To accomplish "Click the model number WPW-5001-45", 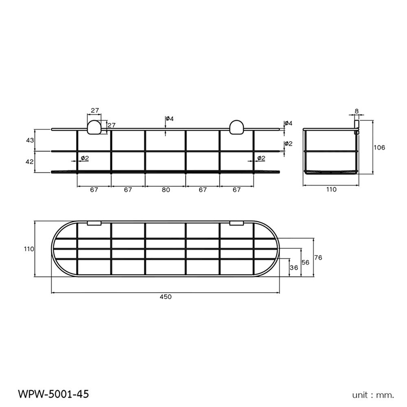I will [x=53, y=394].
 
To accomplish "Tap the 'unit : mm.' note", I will [x=373, y=394].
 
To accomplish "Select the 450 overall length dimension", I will [x=166, y=297].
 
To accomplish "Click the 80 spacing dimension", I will [x=165, y=190].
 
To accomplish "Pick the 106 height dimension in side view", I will [x=379, y=147].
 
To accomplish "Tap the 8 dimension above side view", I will [x=357, y=111].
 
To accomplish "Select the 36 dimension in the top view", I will [x=293, y=267].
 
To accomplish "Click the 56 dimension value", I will [x=306, y=263].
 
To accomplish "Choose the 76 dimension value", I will [x=318, y=257].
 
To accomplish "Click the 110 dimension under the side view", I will [x=331, y=190].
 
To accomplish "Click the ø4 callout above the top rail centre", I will [x=170, y=119].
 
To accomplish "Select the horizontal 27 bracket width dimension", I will [x=95, y=110].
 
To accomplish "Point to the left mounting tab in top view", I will [x=94, y=223].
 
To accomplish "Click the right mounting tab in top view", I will [x=236, y=223].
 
